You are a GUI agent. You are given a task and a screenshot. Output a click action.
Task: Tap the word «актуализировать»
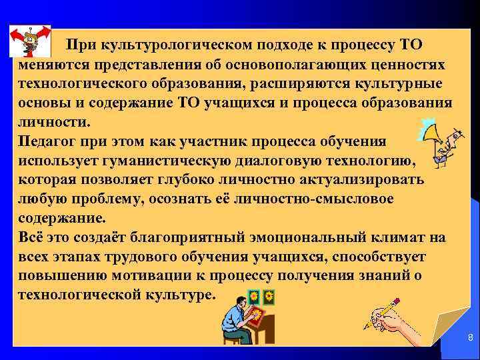tap(371, 181)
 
